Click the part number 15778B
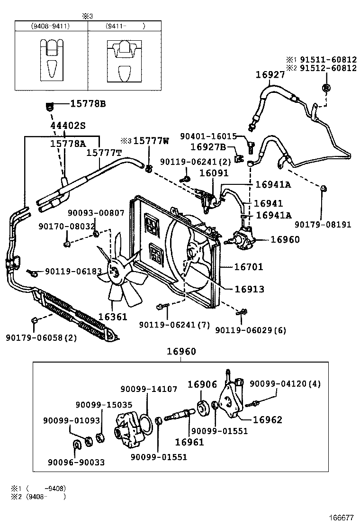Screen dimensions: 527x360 (88, 104)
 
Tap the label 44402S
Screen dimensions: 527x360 (68, 126)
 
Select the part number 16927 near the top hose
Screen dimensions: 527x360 (270, 74)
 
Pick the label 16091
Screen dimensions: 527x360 (214, 173)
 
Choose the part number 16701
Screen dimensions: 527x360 (249, 267)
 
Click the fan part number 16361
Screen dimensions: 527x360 (113, 316)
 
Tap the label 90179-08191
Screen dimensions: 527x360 (323, 225)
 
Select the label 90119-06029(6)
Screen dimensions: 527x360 (251, 330)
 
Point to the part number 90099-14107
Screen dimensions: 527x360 (149, 389)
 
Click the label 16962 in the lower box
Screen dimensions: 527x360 (267, 419)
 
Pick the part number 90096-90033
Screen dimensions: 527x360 (76, 462)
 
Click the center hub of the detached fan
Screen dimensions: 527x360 (114, 271)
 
